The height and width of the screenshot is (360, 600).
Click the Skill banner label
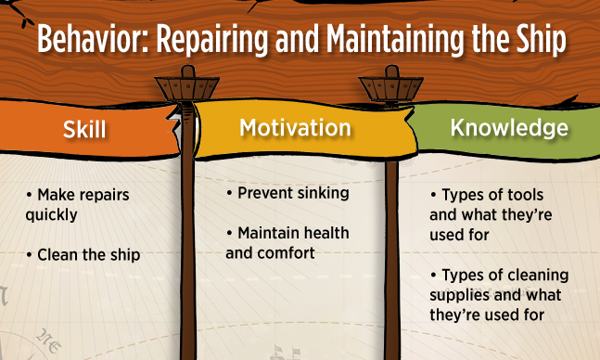84,129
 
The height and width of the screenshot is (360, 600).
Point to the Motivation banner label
295,127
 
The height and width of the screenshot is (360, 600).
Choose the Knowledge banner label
509,128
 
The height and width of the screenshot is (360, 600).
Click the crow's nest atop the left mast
186,87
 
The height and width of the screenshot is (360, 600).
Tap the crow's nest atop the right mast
390,87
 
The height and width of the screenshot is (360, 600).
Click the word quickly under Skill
51,215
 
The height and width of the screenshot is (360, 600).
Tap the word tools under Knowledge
525,195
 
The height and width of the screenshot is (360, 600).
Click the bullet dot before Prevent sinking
229,193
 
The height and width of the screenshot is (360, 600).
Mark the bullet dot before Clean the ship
29,254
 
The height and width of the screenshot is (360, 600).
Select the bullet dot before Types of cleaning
433,275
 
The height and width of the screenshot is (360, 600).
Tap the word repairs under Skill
107,196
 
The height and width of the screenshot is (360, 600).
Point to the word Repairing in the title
212,41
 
